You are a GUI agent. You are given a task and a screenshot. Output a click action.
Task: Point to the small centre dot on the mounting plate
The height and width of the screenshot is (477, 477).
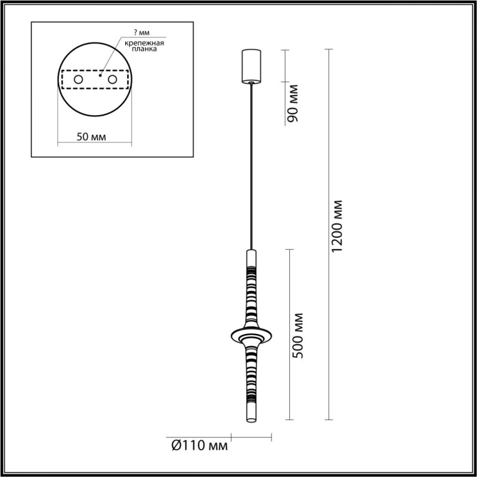coord(101,76)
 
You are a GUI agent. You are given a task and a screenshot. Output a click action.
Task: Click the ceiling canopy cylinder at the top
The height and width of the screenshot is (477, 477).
coord(251,66)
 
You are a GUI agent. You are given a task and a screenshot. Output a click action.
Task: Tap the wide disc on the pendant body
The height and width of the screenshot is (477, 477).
coord(250,334)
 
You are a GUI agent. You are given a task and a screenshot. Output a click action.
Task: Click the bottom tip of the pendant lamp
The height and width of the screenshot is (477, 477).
coord(250,423)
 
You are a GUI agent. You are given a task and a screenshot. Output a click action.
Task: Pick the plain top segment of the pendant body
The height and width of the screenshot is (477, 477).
coord(250,260)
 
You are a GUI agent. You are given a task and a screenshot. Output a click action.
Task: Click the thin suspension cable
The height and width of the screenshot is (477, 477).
coord(251,167)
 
